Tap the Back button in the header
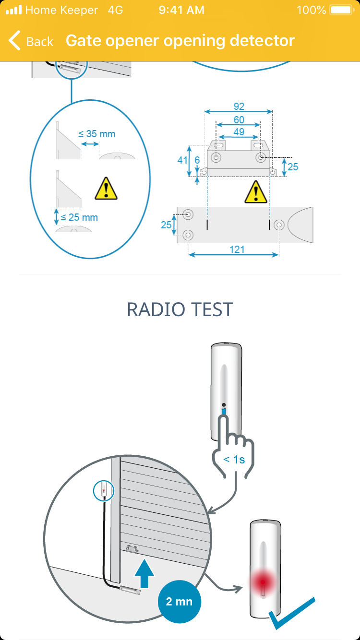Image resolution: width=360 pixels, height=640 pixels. [31, 41]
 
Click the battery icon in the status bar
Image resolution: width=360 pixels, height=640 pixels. [341, 10]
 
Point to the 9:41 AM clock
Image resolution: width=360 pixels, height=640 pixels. [181, 10]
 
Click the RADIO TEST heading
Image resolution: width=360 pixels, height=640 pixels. [180, 310]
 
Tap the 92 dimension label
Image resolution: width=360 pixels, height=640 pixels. [239, 107]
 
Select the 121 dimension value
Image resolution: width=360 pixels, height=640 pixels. [237, 249]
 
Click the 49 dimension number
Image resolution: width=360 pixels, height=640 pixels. [239, 132]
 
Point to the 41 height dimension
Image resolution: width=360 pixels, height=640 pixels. [182, 160]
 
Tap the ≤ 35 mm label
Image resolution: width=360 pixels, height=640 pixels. [97, 134]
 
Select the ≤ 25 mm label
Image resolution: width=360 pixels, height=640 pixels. [80, 217]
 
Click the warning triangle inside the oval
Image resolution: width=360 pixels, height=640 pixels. [106, 189]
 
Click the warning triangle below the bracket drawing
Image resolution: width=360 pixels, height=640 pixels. [255, 192]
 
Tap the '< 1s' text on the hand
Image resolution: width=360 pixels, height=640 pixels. [234, 459]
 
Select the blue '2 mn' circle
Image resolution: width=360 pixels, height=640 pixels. [179, 602]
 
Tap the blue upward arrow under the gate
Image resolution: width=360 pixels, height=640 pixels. [144, 573]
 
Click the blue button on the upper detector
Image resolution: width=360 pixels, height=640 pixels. [224, 412]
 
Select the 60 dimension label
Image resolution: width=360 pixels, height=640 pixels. [239, 119]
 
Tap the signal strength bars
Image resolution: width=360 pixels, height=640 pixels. [14, 10]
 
